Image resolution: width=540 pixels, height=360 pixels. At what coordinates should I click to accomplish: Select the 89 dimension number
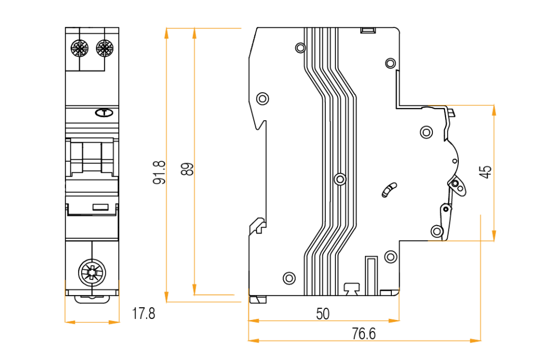187,169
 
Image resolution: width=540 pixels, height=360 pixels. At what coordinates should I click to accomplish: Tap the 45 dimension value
486,171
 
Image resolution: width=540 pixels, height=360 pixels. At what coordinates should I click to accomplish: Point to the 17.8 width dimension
143,315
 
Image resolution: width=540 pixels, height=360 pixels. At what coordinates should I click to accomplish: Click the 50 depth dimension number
322,314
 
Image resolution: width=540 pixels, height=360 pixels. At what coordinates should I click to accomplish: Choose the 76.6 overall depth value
363,334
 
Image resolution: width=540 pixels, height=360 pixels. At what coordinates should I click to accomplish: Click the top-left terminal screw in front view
79,50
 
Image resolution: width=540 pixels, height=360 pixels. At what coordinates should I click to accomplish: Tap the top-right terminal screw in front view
104,50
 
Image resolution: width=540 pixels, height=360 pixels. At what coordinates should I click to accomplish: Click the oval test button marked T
104,112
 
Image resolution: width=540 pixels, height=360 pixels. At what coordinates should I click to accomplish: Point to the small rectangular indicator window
100,207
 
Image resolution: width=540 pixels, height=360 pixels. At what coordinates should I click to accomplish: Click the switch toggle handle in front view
92,157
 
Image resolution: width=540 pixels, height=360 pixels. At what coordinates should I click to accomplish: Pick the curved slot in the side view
389,189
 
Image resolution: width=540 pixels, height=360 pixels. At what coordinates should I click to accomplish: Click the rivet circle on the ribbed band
340,179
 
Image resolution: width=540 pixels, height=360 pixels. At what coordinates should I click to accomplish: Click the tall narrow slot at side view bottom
372,274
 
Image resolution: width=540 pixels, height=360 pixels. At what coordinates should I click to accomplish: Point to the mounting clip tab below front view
92,298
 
